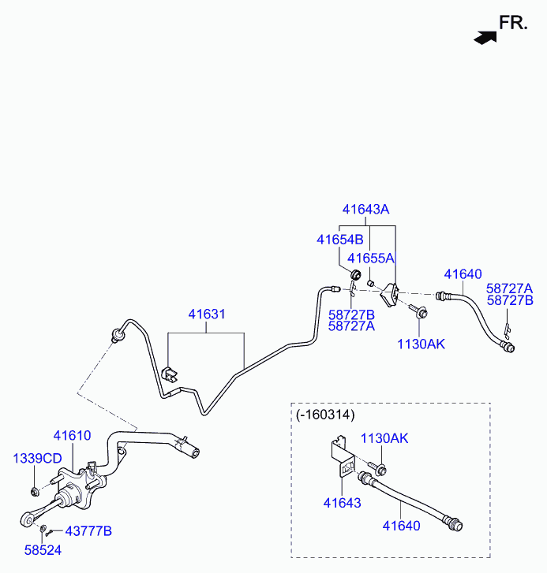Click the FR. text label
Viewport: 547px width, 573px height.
[513, 23]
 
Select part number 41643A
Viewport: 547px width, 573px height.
[365, 210]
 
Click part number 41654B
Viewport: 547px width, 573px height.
[339, 239]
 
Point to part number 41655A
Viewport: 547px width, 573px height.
[371, 258]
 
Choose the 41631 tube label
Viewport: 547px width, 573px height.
[207, 314]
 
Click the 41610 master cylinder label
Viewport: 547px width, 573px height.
[73, 435]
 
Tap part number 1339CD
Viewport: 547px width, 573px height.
[37, 458]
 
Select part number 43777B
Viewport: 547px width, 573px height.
[88, 531]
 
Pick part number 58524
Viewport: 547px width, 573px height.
[42, 550]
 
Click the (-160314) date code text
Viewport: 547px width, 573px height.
[325, 414]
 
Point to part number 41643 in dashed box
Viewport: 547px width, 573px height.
[342, 502]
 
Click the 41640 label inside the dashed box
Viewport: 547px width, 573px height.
[401, 525]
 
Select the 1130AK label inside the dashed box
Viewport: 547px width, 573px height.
[384, 438]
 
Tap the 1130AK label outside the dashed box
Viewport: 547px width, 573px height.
[421, 344]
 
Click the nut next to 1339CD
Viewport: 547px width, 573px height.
[36, 493]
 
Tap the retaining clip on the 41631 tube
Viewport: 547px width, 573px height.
[169, 372]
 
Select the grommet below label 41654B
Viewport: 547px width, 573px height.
[356, 275]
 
